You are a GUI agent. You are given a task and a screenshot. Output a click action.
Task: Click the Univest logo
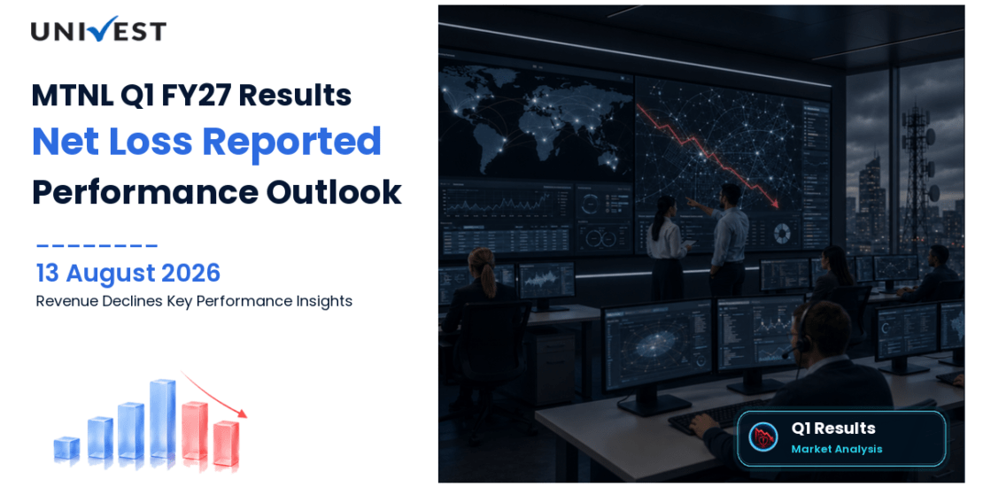point(98,29)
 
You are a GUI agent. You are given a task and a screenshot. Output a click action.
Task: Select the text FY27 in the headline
point(194,96)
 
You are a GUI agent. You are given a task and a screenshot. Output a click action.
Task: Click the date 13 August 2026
point(128,274)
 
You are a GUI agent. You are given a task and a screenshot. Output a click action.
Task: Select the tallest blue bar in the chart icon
point(162,419)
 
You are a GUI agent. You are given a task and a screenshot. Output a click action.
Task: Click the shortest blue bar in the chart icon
point(66,447)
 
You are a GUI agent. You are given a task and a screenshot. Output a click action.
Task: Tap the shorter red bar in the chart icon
point(226,444)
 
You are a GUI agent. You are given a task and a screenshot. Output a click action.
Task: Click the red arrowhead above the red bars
point(242,413)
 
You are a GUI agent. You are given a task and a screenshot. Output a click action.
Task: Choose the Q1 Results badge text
point(833,429)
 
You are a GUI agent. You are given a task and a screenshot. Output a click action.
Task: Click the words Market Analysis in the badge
point(836,449)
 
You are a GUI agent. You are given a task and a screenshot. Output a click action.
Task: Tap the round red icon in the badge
point(763,437)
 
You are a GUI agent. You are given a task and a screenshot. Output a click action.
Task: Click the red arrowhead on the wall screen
point(776,203)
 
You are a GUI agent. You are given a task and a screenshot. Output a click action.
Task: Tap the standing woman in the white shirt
point(667,248)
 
